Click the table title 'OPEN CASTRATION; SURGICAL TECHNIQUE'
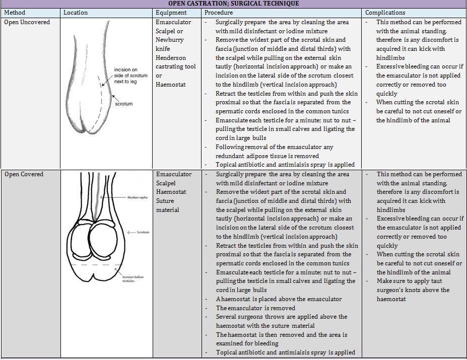tap(233, 4)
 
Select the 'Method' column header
tap(14, 13)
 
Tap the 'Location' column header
tap(76, 13)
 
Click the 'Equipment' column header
tap(171, 13)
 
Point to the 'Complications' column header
tap(385, 13)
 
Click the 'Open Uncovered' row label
tap(27, 22)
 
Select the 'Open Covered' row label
tap(24, 174)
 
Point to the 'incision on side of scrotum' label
tap(130, 76)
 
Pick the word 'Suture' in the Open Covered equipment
tap(166, 201)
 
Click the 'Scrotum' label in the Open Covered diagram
tap(143, 232)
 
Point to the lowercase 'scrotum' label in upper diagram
tap(124, 104)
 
